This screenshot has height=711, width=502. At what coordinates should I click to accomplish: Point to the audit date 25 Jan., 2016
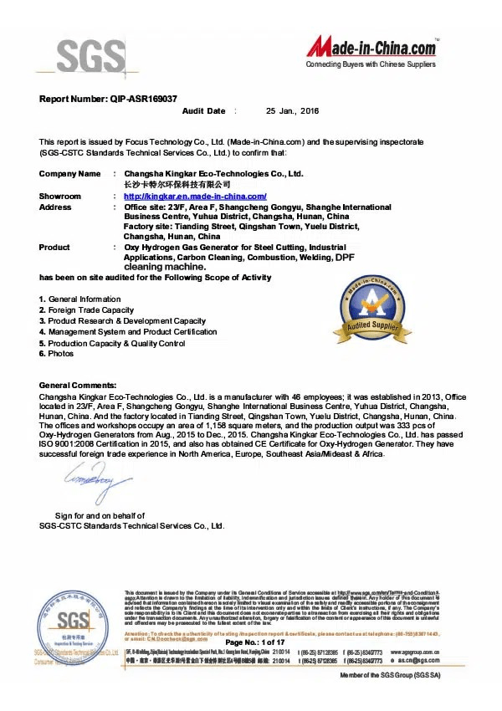292,111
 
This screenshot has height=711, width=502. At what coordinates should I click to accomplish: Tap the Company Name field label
69,174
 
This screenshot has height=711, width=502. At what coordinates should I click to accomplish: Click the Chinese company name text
176,184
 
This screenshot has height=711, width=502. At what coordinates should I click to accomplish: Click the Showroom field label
60,196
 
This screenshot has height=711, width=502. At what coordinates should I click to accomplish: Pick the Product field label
54,248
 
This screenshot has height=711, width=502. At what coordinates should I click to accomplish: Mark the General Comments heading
80,385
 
